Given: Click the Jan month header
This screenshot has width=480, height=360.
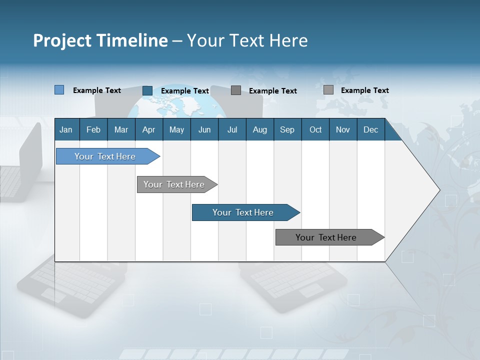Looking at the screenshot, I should tap(66, 129).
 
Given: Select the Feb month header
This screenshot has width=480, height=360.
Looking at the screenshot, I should tap(93, 129).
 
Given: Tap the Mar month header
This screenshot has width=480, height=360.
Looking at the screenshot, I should tap(121, 129).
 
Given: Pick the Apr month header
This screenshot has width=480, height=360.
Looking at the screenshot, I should tap(149, 129).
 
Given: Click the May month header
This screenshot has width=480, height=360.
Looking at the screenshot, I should tap(176, 129).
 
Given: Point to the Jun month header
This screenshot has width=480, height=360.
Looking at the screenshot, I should tap(204, 129).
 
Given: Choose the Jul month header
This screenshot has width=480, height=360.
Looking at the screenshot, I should tap(232, 129).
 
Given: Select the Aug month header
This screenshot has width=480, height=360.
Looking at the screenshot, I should tap(260, 129).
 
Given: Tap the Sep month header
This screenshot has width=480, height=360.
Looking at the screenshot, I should tap(287, 129).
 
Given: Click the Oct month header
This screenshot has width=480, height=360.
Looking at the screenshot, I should tap(315, 129).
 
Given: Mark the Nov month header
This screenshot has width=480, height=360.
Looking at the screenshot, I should tap(343, 129).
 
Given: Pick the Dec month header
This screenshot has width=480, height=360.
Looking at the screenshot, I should tap(371, 129).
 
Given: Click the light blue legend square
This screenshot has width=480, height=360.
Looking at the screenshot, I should tap(59, 90).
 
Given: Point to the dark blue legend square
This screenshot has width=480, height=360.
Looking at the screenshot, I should tap(147, 90).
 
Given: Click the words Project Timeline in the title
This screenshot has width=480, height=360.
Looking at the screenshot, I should tap(100, 40).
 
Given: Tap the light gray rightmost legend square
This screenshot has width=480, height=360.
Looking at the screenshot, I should tap(328, 90).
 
